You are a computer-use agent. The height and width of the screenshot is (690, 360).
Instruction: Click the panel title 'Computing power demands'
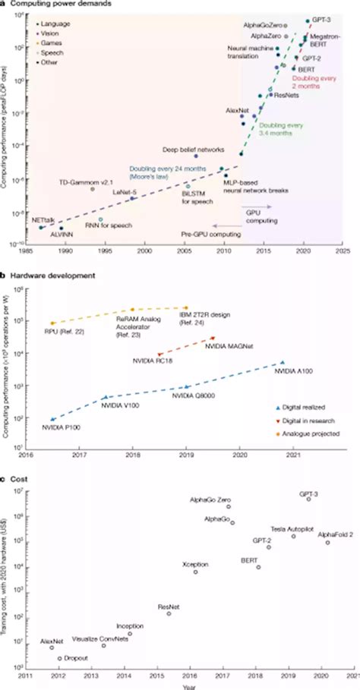click(53, 5)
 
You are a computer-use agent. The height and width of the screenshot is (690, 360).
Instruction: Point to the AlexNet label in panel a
click(238, 111)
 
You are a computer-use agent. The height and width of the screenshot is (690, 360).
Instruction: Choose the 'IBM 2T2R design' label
click(204, 313)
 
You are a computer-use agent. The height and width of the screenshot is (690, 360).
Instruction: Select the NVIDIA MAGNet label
click(229, 346)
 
